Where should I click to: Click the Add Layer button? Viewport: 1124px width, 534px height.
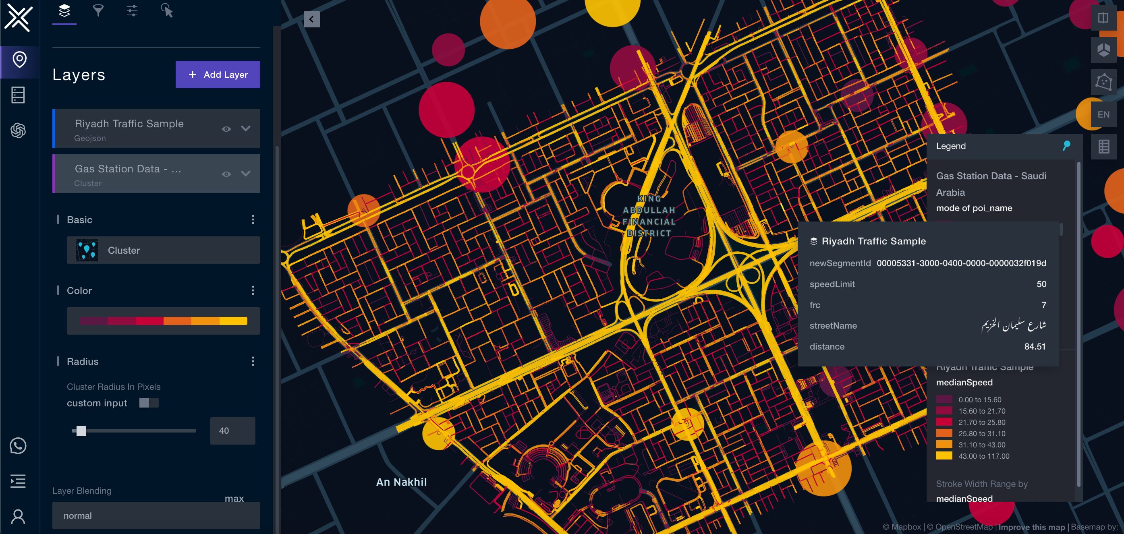tap(218, 75)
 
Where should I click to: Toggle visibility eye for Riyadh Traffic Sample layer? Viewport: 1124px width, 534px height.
tap(226, 129)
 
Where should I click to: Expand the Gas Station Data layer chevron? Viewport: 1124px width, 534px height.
tap(246, 174)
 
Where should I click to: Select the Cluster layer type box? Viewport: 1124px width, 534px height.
tap(163, 250)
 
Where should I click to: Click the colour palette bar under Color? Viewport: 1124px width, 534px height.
tap(163, 321)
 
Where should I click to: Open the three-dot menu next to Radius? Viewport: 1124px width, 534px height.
tap(253, 361)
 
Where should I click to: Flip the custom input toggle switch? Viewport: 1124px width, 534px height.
tap(148, 403)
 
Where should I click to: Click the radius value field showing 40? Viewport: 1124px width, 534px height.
tap(232, 431)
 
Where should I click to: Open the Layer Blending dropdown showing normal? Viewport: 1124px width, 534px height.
tap(156, 515)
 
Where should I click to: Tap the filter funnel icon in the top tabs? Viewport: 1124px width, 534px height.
tap(98, 10)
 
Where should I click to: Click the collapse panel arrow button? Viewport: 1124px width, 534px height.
tap(311, 19)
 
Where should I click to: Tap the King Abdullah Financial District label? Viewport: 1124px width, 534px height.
tap(649, 216)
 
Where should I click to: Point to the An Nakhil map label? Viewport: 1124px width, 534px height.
tap(401, 482)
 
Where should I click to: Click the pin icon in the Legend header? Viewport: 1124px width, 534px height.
tap(1066, 146)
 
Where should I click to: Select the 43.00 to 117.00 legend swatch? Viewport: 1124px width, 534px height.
tap(944, 456)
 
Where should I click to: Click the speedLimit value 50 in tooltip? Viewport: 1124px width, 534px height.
tap(1041, 284)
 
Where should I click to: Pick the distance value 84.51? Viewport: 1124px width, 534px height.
tap(1035, 346)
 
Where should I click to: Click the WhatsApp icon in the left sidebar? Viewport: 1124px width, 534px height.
tap(18, 445)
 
